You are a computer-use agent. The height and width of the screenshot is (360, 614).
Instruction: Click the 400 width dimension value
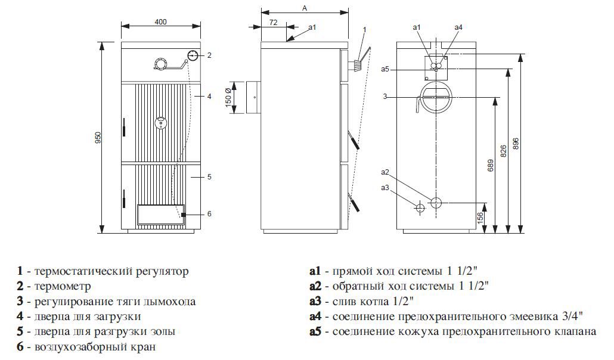160,21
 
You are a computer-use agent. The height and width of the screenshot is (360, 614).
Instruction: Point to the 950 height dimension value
98,138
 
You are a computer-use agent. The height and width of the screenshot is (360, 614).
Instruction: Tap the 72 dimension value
274,22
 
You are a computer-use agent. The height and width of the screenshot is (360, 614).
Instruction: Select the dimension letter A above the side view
305,8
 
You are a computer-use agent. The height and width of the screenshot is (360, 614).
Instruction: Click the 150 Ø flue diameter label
229,98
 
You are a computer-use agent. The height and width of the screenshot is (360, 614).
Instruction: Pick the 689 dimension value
491,165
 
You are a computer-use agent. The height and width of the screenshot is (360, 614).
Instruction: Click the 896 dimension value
515,144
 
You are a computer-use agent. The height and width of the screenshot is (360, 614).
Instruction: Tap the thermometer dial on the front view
193,55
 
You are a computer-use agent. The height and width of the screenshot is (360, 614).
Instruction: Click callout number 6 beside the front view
209,214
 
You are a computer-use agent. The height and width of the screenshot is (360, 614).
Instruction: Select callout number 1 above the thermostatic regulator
365,30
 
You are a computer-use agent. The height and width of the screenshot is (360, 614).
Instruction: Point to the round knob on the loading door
161,123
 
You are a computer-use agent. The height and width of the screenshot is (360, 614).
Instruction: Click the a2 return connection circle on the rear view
436,203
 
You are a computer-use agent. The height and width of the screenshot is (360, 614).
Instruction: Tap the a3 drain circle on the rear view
420,207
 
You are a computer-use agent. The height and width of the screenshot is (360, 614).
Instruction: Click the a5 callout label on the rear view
385,69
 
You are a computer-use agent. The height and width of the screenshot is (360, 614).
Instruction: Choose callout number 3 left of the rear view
385,97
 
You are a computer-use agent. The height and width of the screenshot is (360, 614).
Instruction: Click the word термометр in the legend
63,286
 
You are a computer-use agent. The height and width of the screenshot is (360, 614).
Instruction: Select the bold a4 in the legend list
315,316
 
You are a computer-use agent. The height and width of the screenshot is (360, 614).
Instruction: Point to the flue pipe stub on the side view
253,98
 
